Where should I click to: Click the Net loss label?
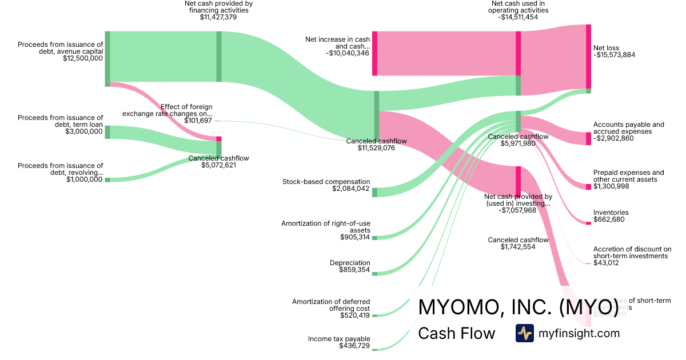click(606, 48)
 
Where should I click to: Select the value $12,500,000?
click(83, 58)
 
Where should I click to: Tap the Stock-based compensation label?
click(326, 182)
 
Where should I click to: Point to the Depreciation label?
click(350, 263)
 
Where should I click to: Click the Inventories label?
click(611, 213)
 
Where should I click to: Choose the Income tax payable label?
click(339, 338)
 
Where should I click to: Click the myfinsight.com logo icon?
click(524, 333)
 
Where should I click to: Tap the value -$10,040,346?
click(346, 53)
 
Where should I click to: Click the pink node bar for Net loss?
click(588, 57)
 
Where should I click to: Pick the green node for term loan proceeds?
click(107, 132)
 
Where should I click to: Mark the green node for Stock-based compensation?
click(374, 192)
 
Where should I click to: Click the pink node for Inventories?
click(588, 223)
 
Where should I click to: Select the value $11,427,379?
click(218, 17)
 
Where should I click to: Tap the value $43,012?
click(606, 263)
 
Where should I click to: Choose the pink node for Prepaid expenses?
click(588, 187)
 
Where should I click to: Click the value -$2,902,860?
click(613, 138)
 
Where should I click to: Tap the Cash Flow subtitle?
click(456, 334)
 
